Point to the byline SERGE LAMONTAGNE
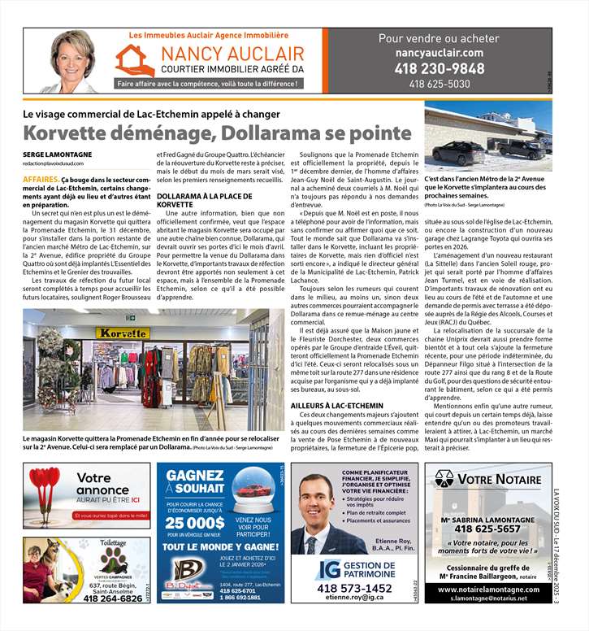pos(57,154)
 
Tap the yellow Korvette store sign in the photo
pos(122,333)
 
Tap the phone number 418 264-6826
pos(112,598)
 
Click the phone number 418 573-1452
pos(353,588)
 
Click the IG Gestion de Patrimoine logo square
pos(327,569)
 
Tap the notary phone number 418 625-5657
pos(489,529)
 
